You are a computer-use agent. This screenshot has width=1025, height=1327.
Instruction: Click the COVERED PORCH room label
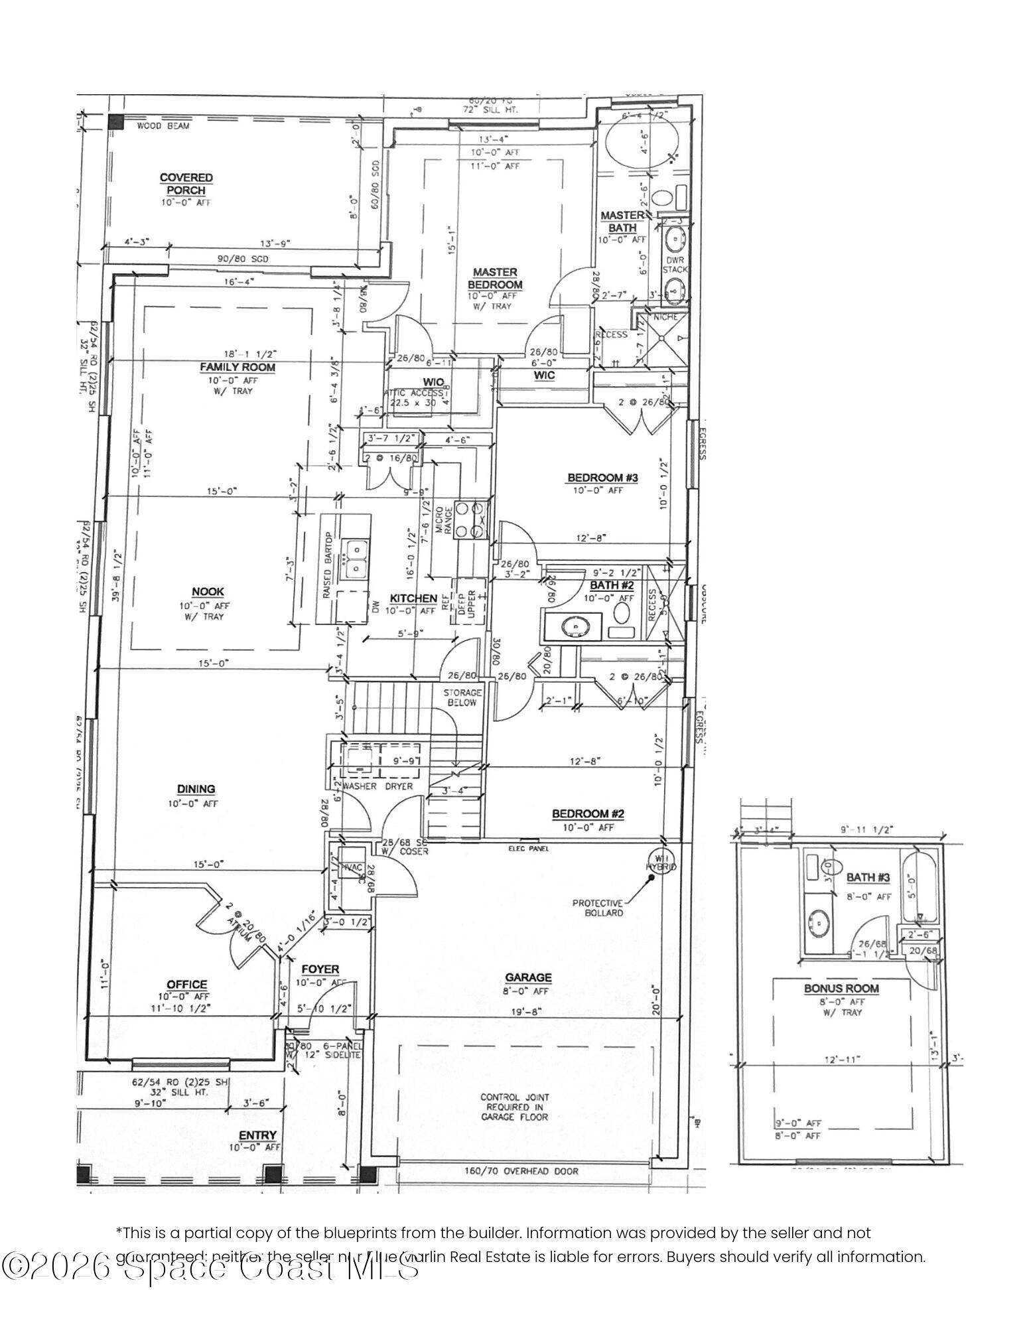pos(186,184)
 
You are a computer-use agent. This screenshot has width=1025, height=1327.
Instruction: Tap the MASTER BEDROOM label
pos(495,279)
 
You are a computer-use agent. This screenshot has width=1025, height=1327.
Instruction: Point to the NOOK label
pos(208,592)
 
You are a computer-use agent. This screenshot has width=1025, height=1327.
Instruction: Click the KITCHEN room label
pos(413,598)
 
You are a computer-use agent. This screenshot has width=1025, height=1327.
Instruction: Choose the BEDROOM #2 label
pos(588,814)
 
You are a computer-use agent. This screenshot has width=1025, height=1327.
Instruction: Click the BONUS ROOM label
pos(841,989)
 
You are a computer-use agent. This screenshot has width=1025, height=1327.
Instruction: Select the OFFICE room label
pos(187,985)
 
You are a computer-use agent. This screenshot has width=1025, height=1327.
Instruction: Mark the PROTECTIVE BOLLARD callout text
pos(598,908)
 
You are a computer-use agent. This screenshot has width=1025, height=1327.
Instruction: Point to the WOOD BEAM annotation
pos(163,126)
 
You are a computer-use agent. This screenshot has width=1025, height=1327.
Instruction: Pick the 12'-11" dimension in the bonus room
pos(841,1060)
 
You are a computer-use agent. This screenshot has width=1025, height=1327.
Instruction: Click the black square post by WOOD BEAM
pos(116,121)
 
